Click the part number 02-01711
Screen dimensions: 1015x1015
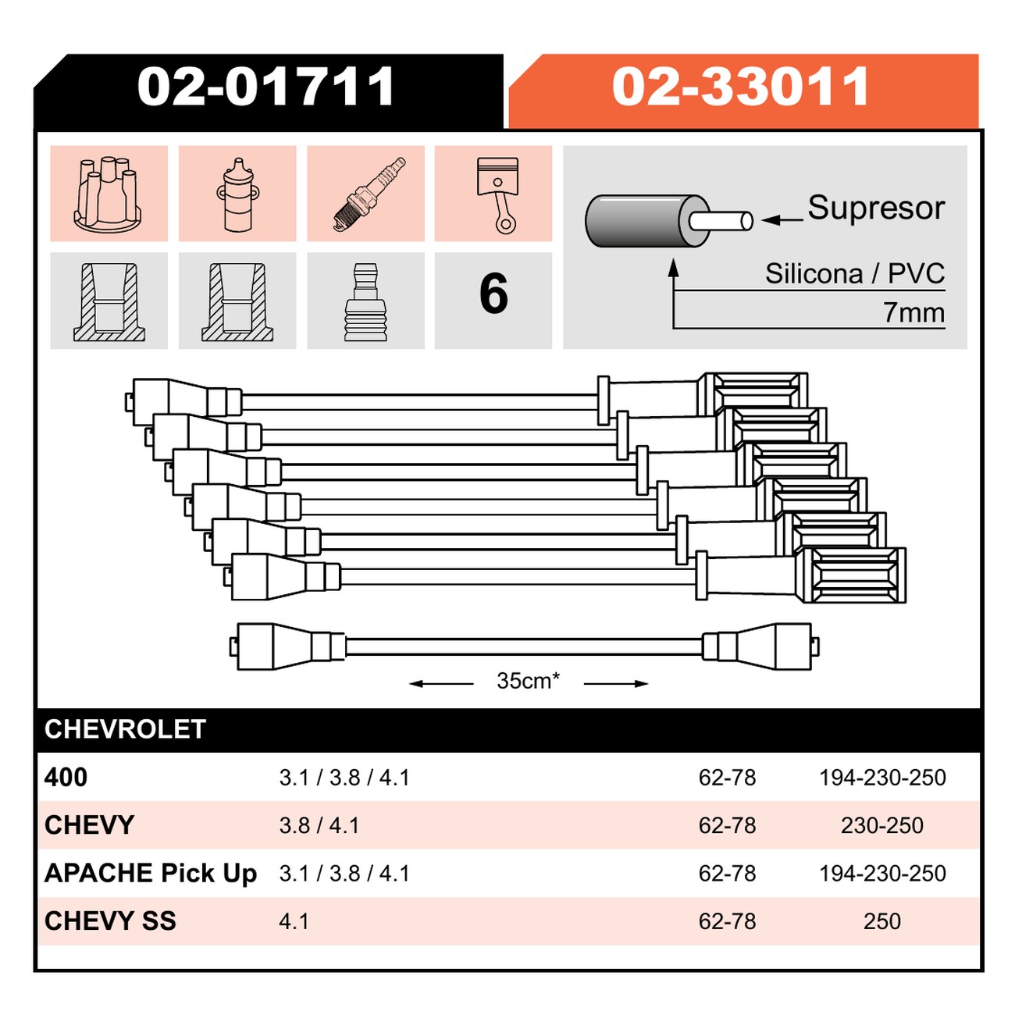265,87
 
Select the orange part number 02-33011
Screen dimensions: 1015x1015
740,87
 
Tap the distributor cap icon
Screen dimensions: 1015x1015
108,194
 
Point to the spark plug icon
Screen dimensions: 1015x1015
369,194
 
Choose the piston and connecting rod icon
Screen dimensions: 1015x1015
496,194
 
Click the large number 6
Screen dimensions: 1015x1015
493,294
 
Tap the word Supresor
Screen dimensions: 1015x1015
876,208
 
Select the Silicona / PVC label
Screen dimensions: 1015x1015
855,274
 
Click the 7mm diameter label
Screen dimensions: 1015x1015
913,313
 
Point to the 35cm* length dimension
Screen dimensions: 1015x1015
529,681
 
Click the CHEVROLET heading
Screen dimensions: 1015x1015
125,729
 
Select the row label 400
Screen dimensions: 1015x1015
66,778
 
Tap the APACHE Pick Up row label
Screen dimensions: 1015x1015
151,873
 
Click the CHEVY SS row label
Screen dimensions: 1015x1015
110,921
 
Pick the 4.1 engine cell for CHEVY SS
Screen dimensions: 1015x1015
294,921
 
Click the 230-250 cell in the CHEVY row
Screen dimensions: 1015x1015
882,825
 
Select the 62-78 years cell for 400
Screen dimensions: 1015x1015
727,778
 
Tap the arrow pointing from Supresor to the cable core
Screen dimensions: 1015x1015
782,219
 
